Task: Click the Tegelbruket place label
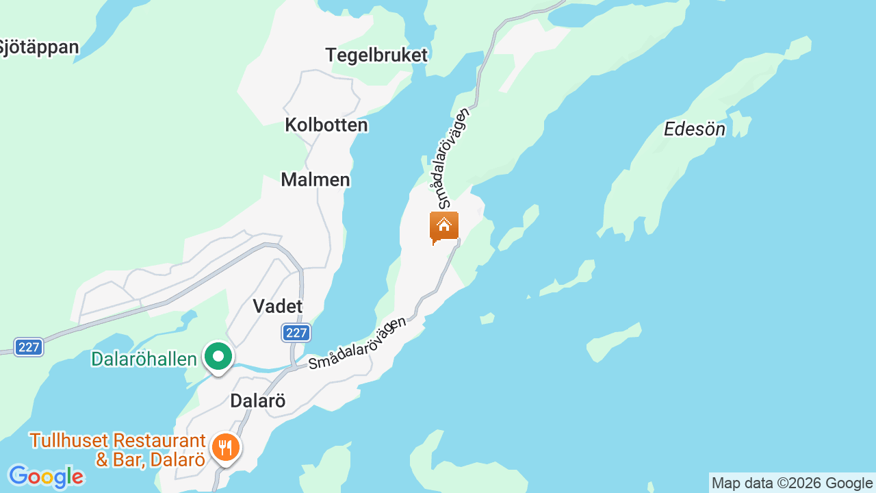tap(376, 55)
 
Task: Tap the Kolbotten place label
tap(326, 125)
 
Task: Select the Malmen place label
tap(315, 179)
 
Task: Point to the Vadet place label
tap(278, 306)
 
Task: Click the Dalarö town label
tap(257, 401)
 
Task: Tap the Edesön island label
tap(695, 129)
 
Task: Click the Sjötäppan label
tap(39, 47)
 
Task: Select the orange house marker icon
tap(444, 227)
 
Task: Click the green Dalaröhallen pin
tap(218, 357)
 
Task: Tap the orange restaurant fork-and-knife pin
tap(225, 448)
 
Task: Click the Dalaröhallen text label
tap(144, 359)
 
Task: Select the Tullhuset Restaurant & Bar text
tap(117, 450)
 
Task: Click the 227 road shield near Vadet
tap(296, 333)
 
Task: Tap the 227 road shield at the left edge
tap(29, 347)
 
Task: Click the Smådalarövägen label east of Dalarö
tap(357, 343)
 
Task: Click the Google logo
tap(46, 477)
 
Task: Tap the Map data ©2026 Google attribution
tap(792, 483)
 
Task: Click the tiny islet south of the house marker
tap(487, 318)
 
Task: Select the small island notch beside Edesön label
tap(738, 124)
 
